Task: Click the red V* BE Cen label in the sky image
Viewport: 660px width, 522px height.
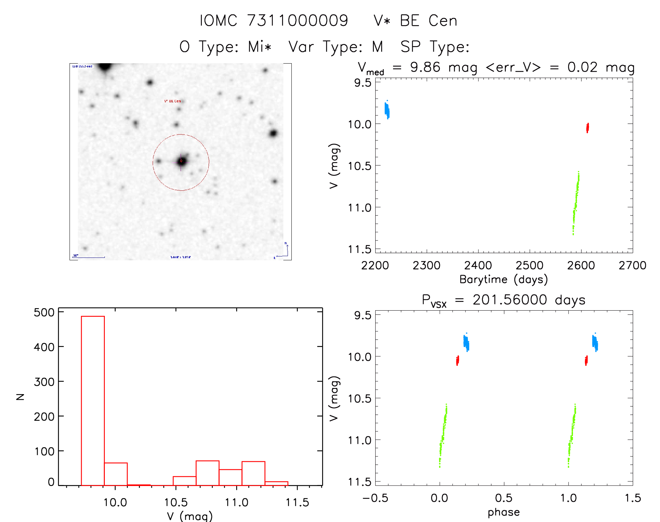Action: (173, 101)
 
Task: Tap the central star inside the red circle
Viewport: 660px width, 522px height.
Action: (181, 161)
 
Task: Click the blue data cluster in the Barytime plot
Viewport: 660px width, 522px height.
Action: (387, 110)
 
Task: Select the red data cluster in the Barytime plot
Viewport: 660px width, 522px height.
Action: (587, 128)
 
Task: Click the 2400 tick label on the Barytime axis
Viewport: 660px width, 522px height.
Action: (478, 266)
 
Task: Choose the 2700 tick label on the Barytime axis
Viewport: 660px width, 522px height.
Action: (632, 266)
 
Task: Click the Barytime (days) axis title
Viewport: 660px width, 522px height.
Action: (503, 280)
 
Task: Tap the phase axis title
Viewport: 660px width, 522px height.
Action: (503, 512)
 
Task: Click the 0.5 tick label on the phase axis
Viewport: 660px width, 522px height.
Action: (503, 498)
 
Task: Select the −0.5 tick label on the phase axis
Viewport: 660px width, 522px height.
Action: (375, 498)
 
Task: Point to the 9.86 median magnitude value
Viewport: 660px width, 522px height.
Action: (425, 67)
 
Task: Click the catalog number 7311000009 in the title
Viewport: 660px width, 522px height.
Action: (298, 21)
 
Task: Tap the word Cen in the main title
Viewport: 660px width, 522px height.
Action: (443, 21)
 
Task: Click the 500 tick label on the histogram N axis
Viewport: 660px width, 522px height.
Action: (44, 312)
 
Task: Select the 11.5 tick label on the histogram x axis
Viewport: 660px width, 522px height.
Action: (297, 502)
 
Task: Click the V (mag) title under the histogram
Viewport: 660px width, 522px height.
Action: (190, 516)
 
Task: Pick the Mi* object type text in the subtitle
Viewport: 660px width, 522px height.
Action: (260, 46)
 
